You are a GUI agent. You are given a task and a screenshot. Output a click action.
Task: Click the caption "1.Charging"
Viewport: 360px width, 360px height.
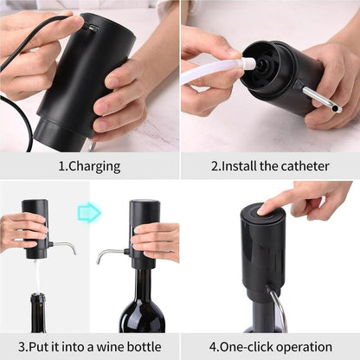coord(89,164)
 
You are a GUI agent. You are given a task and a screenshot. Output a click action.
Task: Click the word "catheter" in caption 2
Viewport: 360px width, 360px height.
coord(305,164)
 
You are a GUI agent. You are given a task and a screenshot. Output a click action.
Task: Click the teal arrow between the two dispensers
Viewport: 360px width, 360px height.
coord(88,212)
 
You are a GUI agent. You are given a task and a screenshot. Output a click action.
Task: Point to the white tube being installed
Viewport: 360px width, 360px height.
coord(212,70)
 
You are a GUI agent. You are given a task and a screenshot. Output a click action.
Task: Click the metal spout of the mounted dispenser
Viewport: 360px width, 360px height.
coord(109,254)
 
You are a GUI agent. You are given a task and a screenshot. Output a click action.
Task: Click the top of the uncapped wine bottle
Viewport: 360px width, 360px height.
coord(38,299)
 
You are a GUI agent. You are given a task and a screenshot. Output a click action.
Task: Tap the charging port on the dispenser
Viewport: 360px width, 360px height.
coord(93,28)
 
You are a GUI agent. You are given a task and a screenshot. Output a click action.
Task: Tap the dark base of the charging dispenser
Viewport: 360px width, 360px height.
coord(59,134)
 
